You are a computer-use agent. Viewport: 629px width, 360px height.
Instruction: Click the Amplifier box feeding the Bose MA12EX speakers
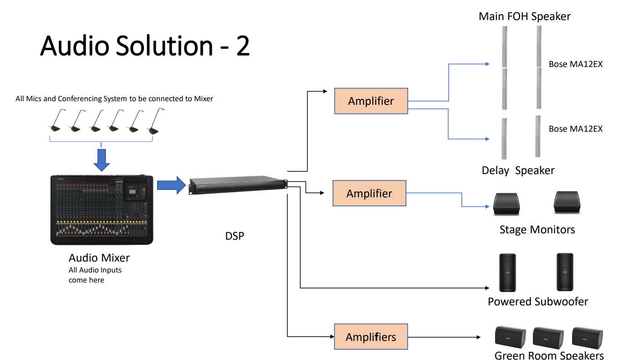(x=371, y=101)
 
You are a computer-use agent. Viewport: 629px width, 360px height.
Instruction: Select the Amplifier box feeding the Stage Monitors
(x=369, y=193)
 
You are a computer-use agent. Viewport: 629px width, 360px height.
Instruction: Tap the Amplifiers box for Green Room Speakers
(x=371, y=337)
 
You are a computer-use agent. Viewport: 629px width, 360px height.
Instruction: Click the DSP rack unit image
(x=238, y=185)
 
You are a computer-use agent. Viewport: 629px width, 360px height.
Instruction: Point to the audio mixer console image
(x=102, y=210)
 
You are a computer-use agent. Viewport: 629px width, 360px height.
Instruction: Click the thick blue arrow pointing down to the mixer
(x=102, y=160)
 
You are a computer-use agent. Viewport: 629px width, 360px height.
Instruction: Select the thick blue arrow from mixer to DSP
(x=171, y=185)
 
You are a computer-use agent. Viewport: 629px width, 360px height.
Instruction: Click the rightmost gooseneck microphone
(x=155, y=121)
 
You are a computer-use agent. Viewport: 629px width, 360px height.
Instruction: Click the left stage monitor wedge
(x=506, y=204)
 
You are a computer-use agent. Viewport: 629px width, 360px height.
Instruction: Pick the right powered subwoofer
(x=565, y=272)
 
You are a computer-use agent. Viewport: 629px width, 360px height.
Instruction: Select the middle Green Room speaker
(x=548, y=338)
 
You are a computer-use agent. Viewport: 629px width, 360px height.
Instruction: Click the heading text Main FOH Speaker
(x=525, y=16)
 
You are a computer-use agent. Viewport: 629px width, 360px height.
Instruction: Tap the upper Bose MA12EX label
(x=576, y=64)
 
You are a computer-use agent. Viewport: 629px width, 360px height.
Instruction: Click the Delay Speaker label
(x=518, y=170)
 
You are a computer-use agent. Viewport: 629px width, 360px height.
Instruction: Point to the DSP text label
(x=235, y=236)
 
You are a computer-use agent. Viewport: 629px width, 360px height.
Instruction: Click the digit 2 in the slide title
(x=243, y=46)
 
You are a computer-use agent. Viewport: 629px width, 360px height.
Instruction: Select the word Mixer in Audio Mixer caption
(x=116, y=258)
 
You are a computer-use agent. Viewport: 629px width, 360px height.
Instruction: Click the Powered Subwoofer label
(x=538, y=302)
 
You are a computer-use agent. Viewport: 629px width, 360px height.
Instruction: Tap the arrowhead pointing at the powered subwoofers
(x=487, y=288)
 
